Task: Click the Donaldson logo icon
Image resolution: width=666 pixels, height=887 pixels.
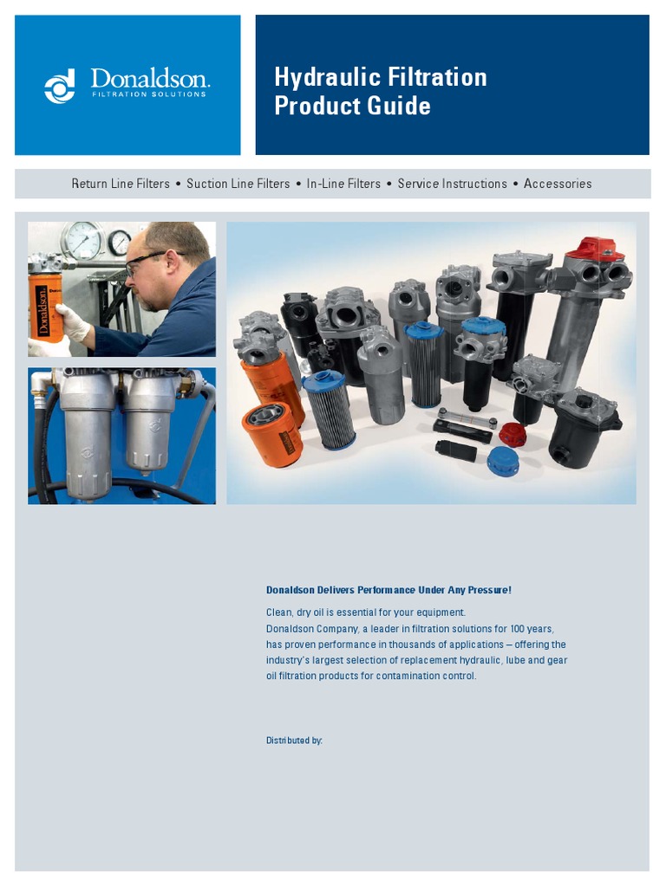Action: pos(60,86)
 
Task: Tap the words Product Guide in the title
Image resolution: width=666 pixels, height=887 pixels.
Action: pos(352,106)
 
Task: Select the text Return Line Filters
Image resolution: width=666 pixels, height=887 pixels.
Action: pos(121,184)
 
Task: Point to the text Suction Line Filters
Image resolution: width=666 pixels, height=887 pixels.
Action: pos(238,184)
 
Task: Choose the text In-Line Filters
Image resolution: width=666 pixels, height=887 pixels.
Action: pos(343,184)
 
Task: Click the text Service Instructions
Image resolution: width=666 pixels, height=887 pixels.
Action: pos(452,184)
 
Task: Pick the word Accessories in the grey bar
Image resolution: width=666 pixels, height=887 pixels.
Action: pos(558,184)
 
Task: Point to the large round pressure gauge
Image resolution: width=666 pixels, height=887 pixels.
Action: pos(81,240)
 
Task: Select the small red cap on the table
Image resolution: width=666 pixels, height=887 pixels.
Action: pos(513,434)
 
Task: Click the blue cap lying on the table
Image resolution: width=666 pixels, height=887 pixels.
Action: pos(502,462)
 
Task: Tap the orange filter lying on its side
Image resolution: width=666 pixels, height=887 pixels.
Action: pos(272,432)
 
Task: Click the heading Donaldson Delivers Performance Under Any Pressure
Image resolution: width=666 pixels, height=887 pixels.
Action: pos(388,590)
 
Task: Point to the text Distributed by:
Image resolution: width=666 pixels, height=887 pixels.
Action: pos(294,741)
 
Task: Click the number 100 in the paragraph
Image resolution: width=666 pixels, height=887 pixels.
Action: pos(516,629)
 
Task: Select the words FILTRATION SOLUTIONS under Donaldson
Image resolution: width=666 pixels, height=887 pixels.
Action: pos(149,94)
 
